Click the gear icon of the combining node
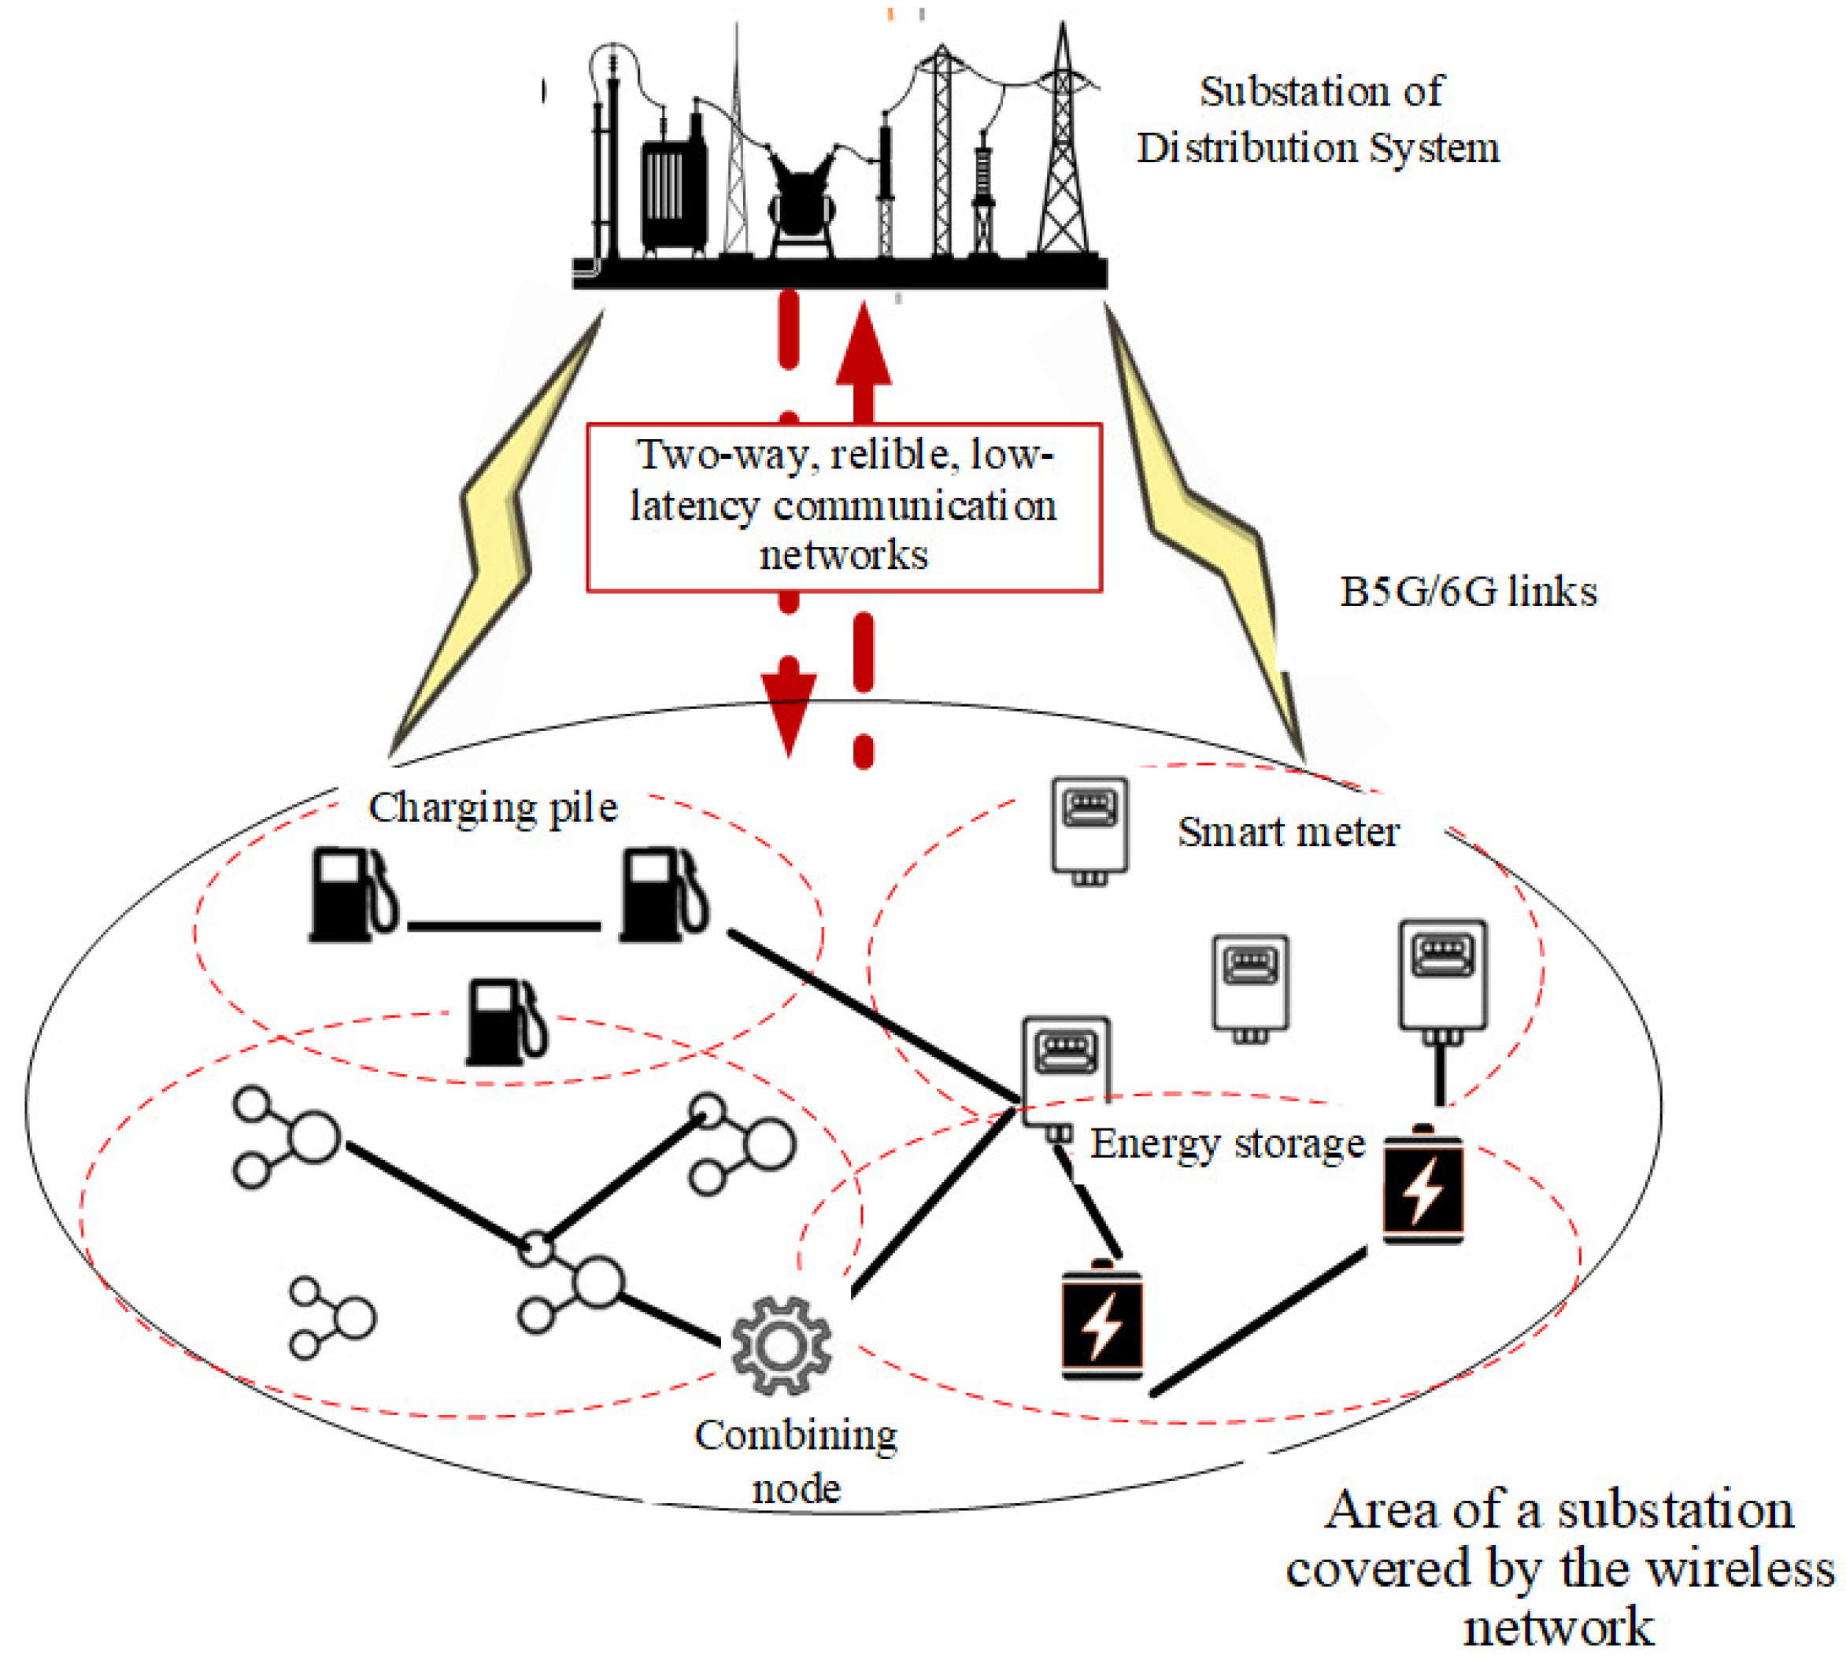coord(781,1345)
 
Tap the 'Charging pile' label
coord(493,808)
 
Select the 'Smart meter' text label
coord(1287,831)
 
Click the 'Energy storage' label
coord(1227,1144)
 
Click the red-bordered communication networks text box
coord(843,506)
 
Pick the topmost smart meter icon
coord(1089,829)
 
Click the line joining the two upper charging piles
coord(504,926)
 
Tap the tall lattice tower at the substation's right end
coord(1062,156)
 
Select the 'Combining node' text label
coord(796,1462)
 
